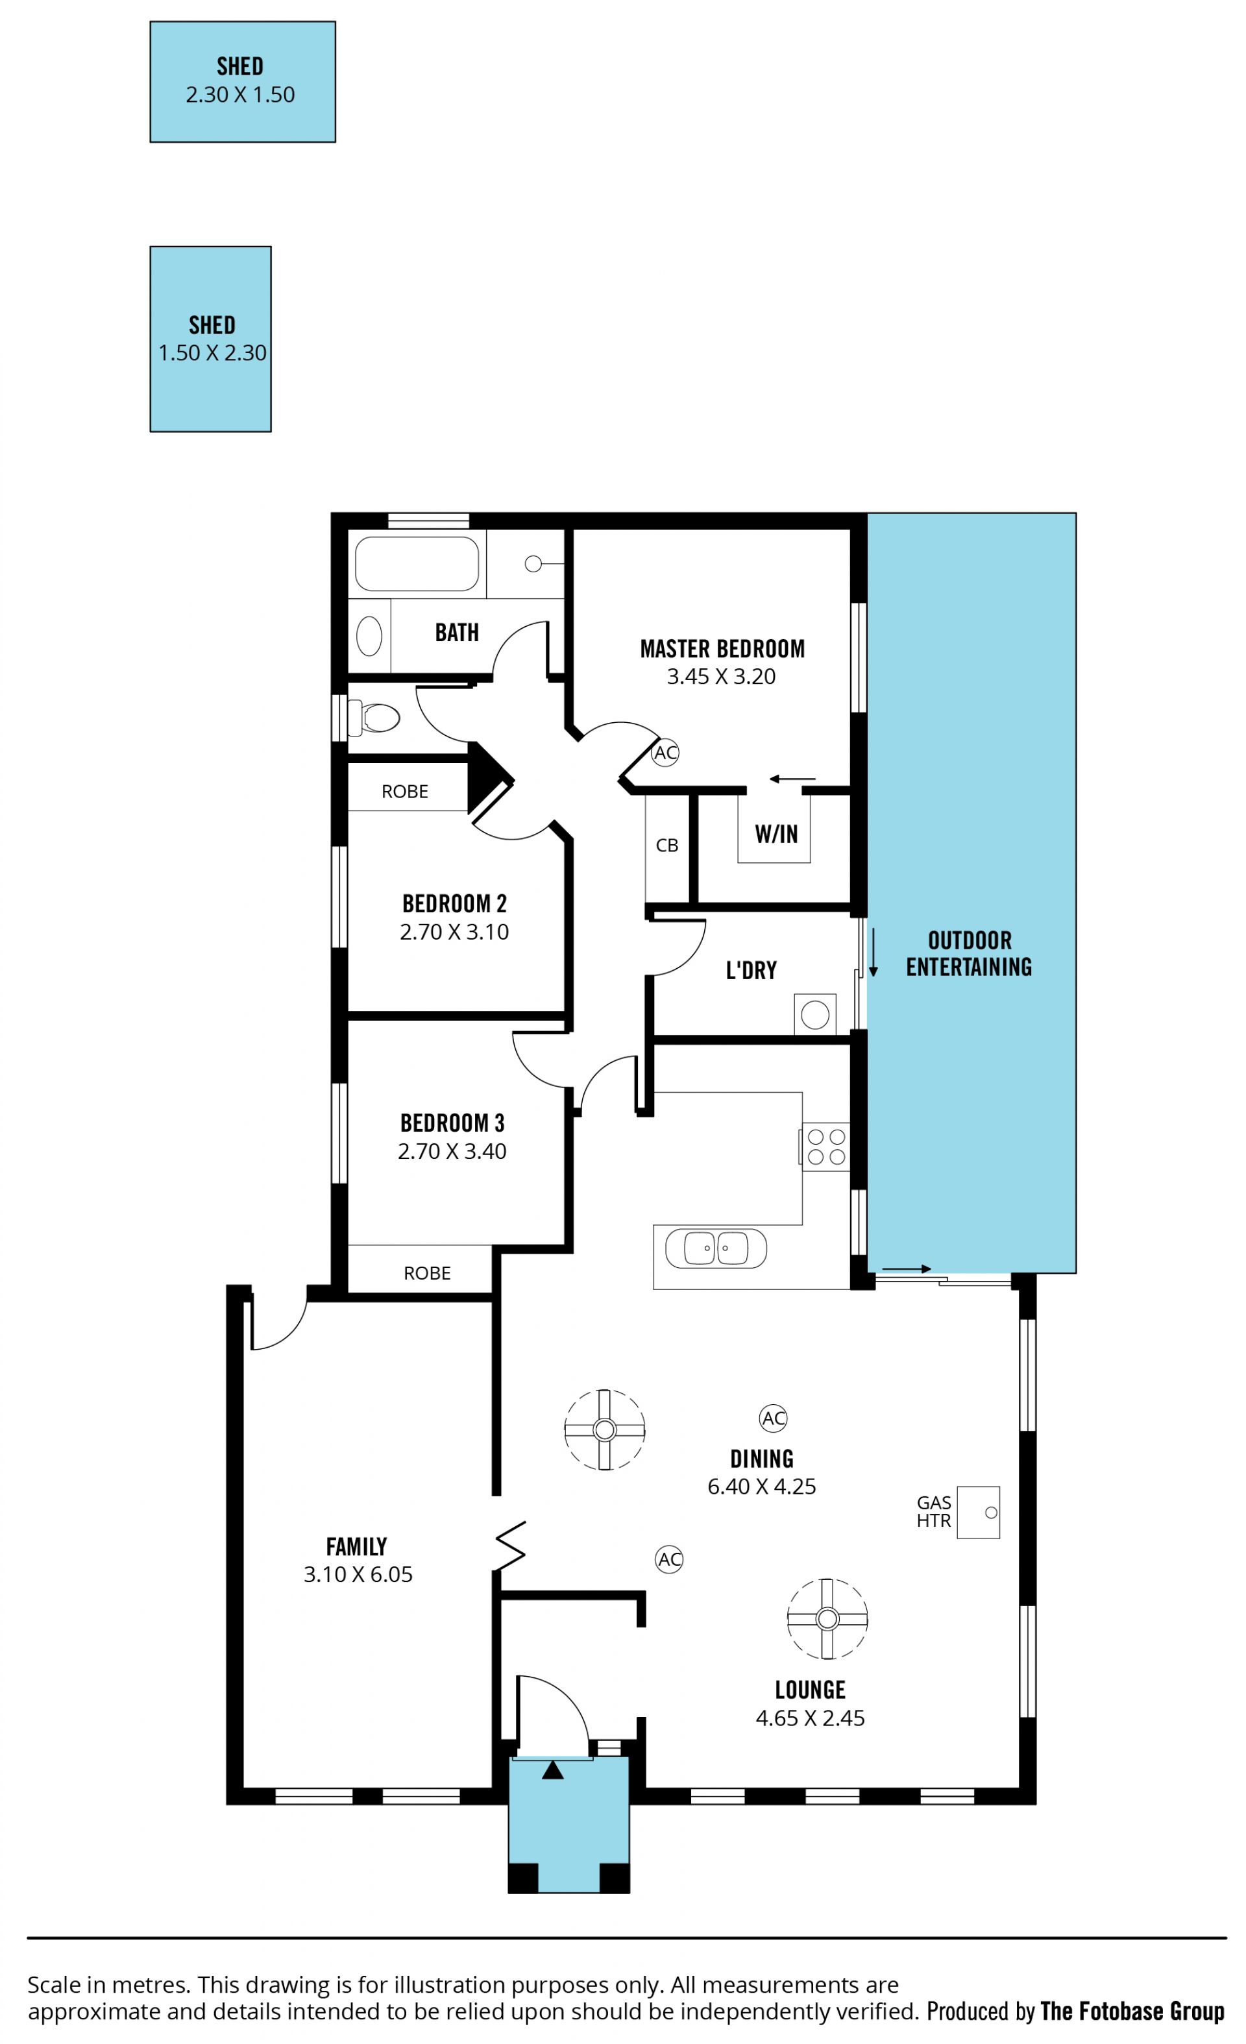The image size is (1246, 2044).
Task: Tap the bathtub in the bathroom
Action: click(417, 563)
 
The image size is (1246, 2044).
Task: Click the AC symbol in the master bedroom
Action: click(665, 753)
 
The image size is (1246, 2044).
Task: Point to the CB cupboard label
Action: click(667, 846)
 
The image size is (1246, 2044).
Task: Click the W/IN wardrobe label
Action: click(776, 834)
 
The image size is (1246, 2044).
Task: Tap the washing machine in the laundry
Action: click(814, 1014)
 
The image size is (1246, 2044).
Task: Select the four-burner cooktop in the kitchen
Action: click(825, 1147)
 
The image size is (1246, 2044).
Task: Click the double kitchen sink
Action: click(715, 1248)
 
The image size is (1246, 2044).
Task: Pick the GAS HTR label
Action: click(933, 1511)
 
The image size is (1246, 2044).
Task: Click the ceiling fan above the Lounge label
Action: click(827, 1618)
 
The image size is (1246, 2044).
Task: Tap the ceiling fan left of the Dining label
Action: click(605, 1430)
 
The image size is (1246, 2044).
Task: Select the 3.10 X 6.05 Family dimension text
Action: click(358, 1574)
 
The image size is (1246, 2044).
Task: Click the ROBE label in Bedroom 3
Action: click(427, 1273)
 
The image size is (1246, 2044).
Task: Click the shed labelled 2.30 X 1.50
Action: click(242, 81)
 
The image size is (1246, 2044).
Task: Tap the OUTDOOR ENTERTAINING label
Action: click(969, 953)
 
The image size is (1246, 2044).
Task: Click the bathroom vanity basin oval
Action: click(369, 637)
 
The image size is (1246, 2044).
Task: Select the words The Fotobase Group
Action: click(1132, 2011)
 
